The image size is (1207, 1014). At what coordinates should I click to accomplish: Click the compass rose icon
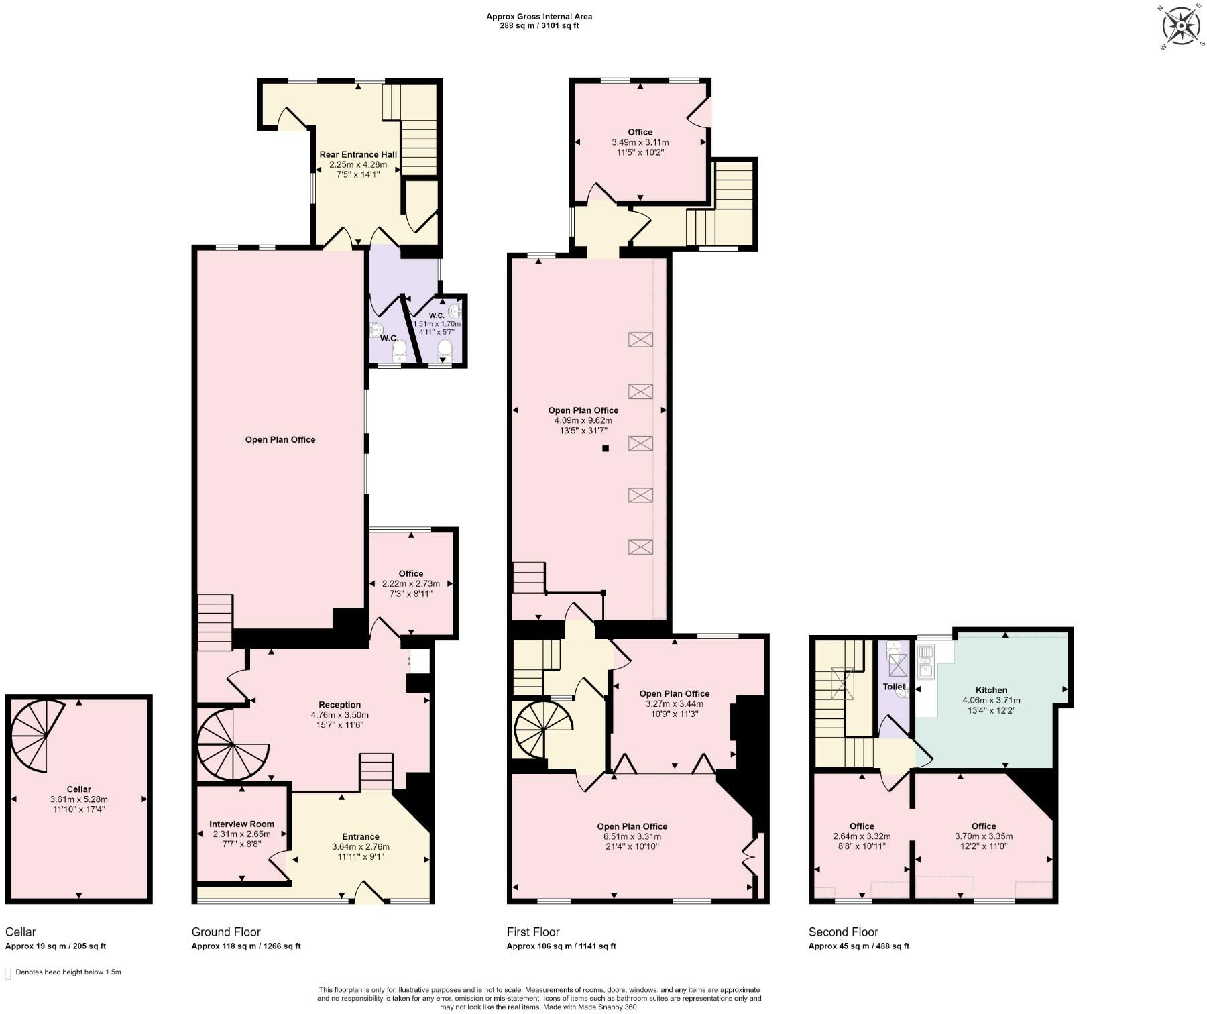1181,27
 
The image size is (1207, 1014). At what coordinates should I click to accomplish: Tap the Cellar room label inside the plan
78,789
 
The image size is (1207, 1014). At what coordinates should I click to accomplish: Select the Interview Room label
241,824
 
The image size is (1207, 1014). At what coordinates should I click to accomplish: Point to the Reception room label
339,705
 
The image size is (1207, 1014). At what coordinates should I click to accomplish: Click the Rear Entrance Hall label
358,154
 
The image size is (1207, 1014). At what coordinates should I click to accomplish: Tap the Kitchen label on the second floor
991,690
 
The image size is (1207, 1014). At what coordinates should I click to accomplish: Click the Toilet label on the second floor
894,687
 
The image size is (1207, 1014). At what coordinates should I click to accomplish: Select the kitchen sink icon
925,661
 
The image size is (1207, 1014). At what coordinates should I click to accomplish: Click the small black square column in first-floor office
605,449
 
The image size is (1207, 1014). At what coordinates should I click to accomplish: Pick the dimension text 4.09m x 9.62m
583,420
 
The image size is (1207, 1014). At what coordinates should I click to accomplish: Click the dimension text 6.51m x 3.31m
632,836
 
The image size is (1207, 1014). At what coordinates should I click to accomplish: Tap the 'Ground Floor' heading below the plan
226,932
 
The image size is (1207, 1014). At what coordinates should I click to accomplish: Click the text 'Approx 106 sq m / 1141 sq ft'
561,946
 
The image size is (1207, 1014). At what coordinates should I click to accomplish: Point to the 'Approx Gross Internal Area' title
539,17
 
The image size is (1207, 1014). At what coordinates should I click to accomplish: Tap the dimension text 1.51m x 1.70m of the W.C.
437,323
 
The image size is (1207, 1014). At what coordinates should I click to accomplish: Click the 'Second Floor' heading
843,932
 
